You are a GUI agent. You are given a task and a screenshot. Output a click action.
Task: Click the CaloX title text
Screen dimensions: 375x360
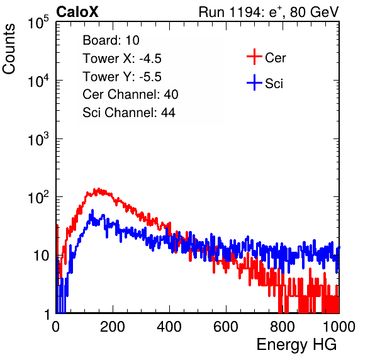click(x=77, y=12)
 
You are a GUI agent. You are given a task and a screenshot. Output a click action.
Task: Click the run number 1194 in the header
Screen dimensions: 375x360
click(x=245, y=12)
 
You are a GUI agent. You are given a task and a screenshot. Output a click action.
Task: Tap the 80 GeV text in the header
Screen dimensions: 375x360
click(x=314, y=12)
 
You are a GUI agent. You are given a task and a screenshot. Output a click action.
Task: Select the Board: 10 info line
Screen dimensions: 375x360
click(x=111, y=40)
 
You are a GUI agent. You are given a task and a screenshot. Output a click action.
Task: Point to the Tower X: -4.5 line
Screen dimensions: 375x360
click(x=122, y=59)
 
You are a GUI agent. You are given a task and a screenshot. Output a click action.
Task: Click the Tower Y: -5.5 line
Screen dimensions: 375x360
click(x=122, y=77)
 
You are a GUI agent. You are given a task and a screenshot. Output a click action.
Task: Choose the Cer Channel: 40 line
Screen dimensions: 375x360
click(x=130, y=94)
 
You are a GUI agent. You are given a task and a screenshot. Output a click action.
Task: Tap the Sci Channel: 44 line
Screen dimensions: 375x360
click(x=129, y=113)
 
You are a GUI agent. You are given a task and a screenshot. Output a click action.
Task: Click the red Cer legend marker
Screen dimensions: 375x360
click(x=254, y=57)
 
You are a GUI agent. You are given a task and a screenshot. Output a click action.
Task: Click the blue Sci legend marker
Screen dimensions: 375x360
click(x=254, y=82)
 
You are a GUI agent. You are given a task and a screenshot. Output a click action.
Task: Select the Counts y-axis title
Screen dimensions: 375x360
click(x=9, y=49)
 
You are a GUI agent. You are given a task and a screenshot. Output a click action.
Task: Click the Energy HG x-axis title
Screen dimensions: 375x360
click(x=296, y=345)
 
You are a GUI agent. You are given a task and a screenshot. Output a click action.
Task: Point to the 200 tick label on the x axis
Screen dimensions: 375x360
click(x=113, y=327)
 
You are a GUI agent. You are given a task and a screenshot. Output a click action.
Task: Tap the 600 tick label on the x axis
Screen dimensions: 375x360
click(x=226, y=327)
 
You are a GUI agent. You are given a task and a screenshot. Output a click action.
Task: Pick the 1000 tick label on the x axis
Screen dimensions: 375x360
click(x=339, y=327)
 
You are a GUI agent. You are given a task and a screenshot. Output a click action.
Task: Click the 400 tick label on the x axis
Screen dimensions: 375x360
click(x=169, y=327)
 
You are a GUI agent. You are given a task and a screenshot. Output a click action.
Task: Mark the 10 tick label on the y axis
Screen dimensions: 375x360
click(x=42, y=256)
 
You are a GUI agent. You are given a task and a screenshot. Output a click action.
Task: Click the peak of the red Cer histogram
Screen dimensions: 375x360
click(x=98, y=189)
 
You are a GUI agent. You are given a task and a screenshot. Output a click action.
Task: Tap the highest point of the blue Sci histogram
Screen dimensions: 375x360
click(x=92, y=210)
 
